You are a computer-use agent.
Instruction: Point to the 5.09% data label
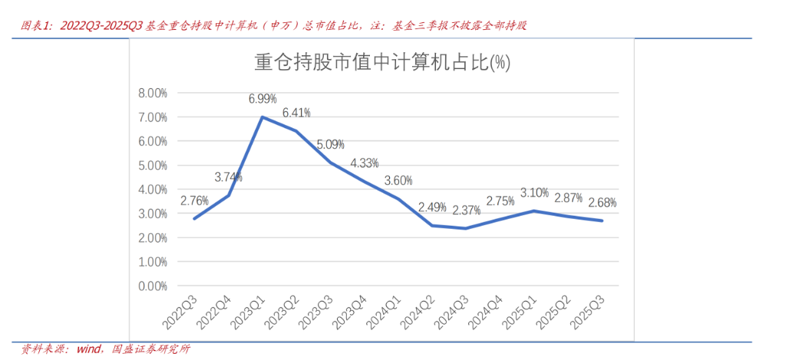coord(330,144)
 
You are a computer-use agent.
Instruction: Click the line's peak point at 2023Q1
coord(263,117)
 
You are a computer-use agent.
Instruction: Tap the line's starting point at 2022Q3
coord(193,219)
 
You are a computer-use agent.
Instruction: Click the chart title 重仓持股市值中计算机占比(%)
coord(382,62)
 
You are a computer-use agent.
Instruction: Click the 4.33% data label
coord(365,163)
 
